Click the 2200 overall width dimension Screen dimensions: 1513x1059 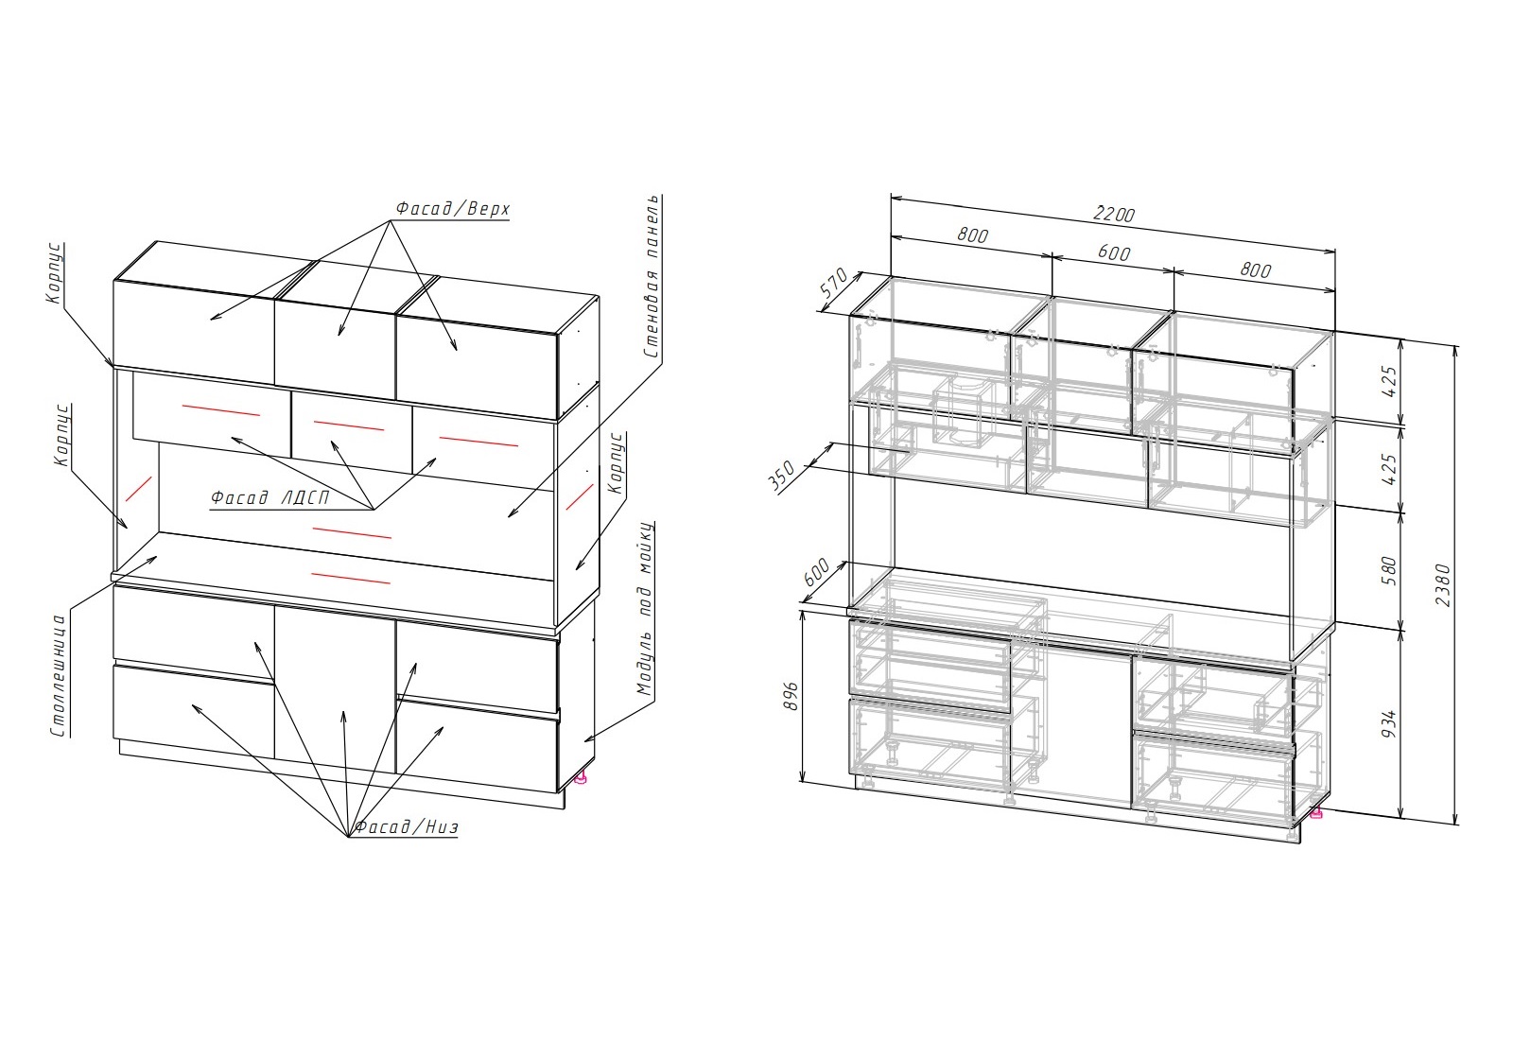[x=1114, y=214]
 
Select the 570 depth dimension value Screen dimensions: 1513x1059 [x=834, y=283]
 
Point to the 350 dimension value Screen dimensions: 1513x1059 [x=782, y=477]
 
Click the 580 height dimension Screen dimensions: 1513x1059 [x=1389, y=571]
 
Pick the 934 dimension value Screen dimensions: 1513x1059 [x=1389, y=723]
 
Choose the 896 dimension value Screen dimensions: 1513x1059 [x=791, y=696]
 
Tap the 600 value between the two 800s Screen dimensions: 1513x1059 [x=1114, y=252]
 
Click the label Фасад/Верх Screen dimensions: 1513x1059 [x=453, y=209]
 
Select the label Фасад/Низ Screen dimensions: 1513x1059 [x=407, y=826]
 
